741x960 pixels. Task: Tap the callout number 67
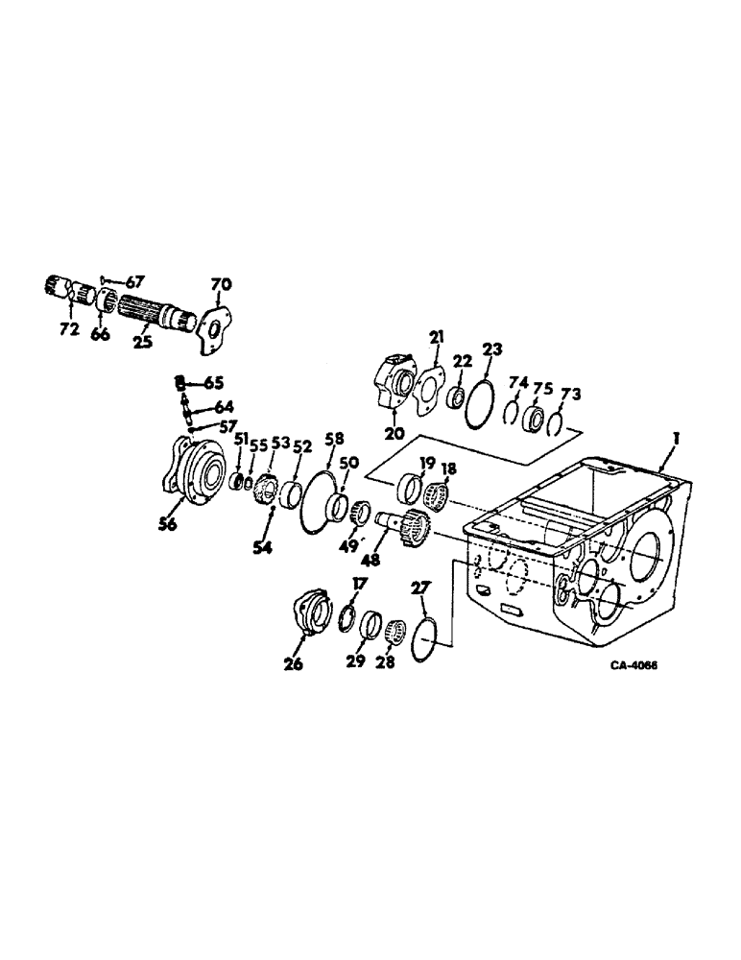coord(134,280)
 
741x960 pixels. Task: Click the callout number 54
coord(262,547)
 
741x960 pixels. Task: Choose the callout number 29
coord(355,663)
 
